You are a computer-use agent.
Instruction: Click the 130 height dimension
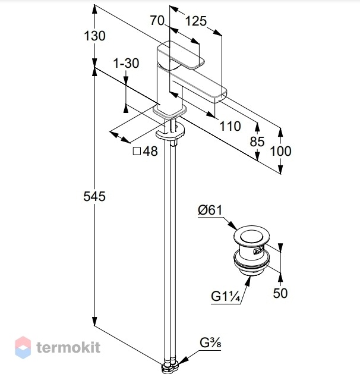(x=94, y=36)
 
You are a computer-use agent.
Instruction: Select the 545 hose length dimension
(x=94, y=197)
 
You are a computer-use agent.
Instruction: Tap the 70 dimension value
(x=157, y=20)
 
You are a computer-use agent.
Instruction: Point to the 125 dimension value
(x=196, y=21)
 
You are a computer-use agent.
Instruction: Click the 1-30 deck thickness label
(x=126, y=64)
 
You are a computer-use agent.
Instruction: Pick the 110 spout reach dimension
(x=230, y=126)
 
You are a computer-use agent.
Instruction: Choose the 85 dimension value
(x=257, y=142)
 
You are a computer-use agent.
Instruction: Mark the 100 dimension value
(x=280, y=151)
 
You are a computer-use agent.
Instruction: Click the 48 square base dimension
(x=150, y=151)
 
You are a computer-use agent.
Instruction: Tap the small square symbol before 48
(x=137, y=151)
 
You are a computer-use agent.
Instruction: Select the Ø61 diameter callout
(x=210, y=210)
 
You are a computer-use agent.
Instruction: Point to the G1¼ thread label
(x=225, y=297)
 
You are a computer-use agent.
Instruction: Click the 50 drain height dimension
(x=280, y=293)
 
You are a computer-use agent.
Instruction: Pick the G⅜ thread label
(x=210, y=343)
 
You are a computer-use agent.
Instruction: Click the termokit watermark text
(x=68, y=347)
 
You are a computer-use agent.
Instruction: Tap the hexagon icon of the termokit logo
(x=23, y=347)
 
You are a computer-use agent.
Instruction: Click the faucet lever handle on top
(x=181, y=55)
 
